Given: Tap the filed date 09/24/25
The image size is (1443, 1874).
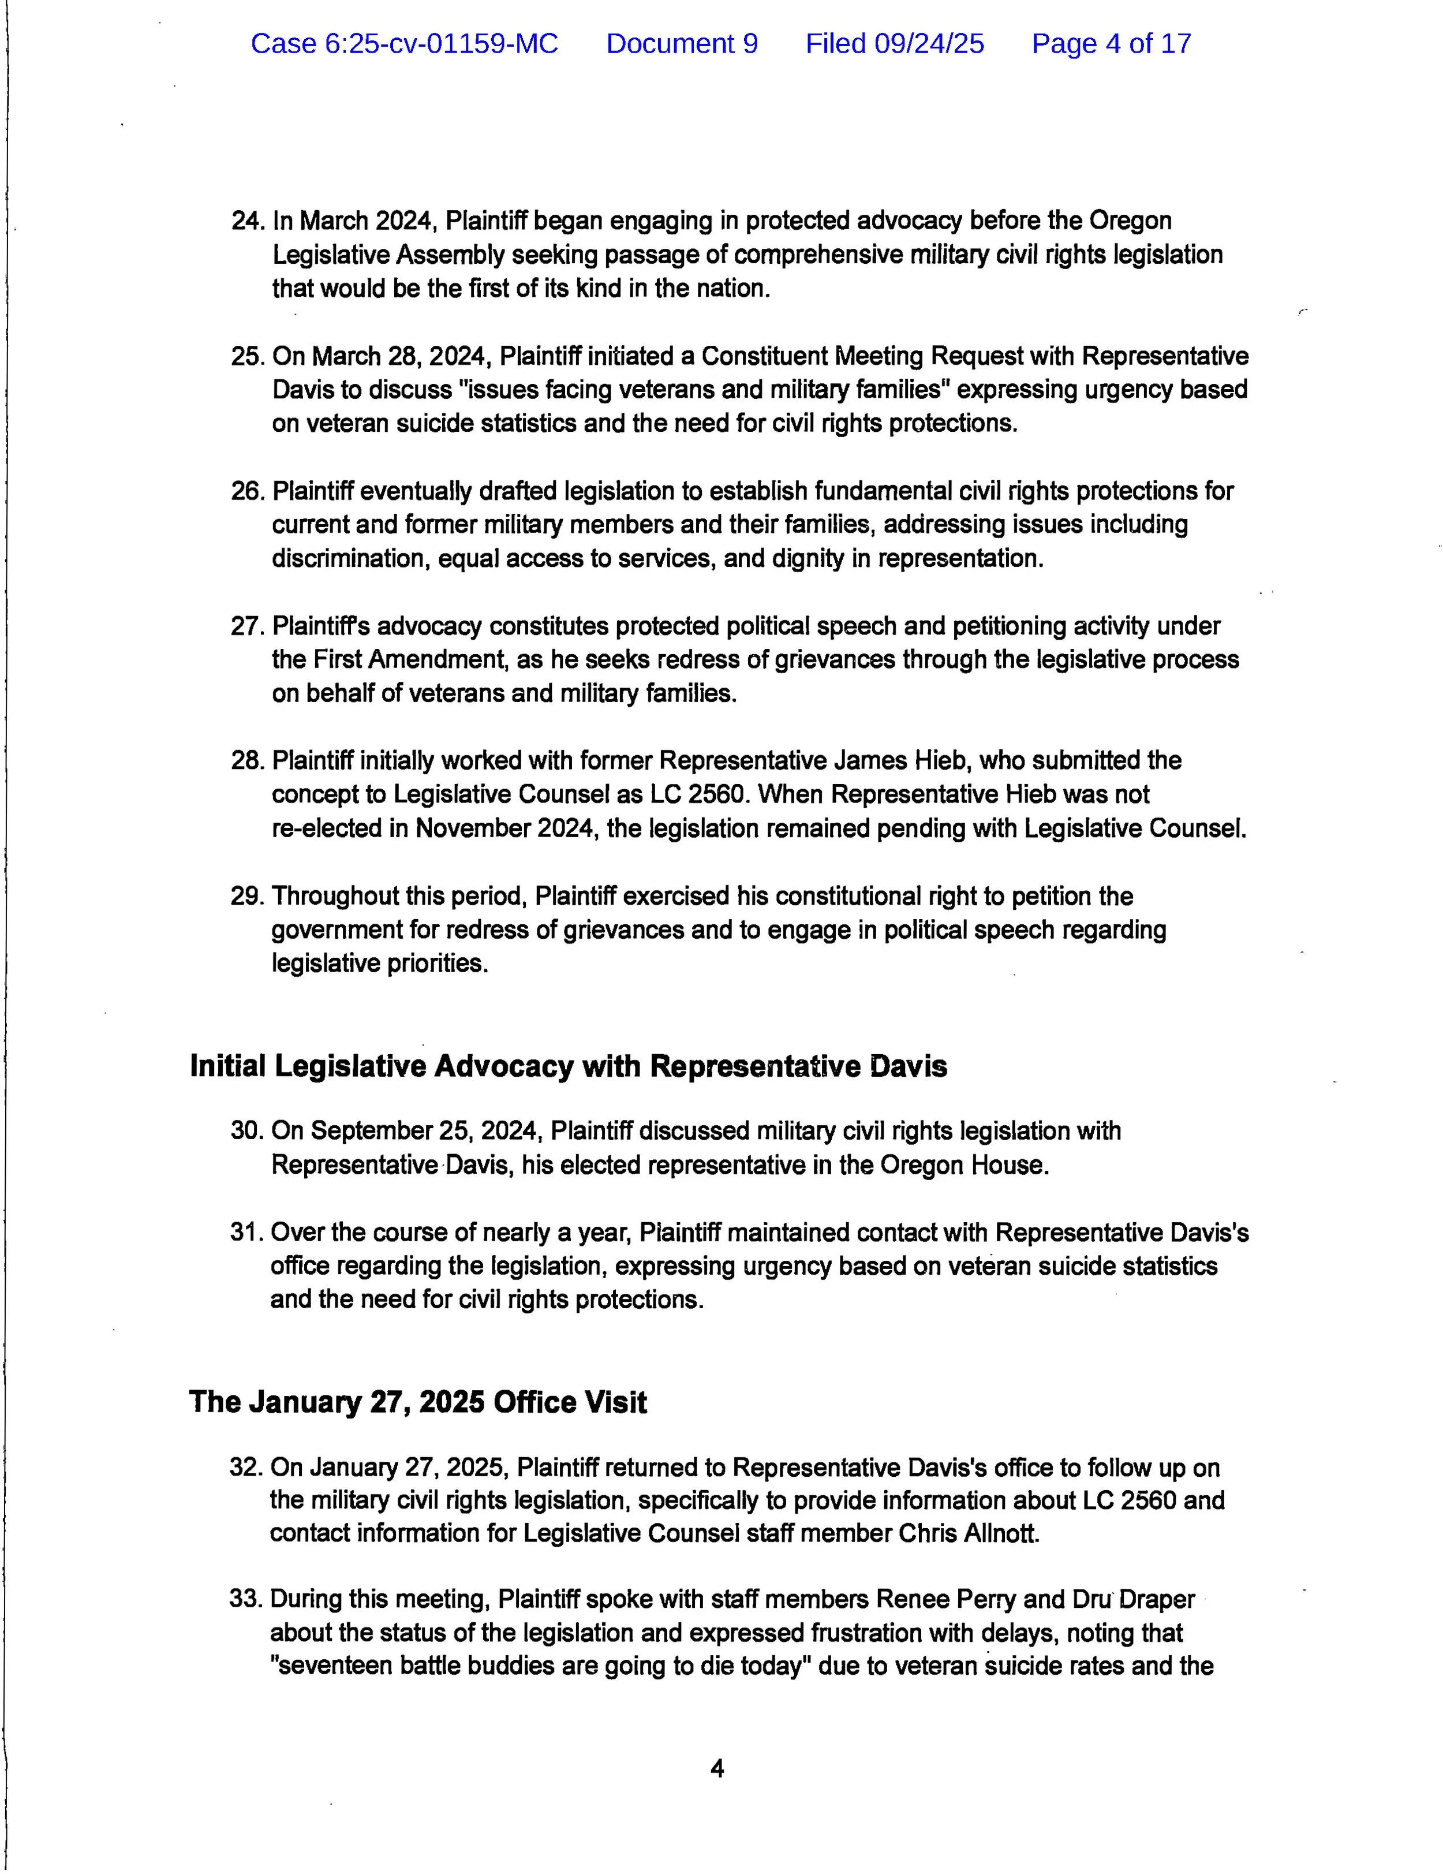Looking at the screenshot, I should (x=928, y=44).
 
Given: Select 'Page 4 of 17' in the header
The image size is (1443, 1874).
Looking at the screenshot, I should (x=1111, y=44).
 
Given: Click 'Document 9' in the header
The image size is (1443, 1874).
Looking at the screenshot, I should (x=682, y=44).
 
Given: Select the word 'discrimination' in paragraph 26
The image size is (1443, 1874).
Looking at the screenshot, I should (x=352, y=559).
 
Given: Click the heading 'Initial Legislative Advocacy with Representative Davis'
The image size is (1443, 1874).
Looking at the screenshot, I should (x=568, y=1066).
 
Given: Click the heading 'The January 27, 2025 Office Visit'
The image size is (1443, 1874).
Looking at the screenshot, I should (x=418, y=1403).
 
